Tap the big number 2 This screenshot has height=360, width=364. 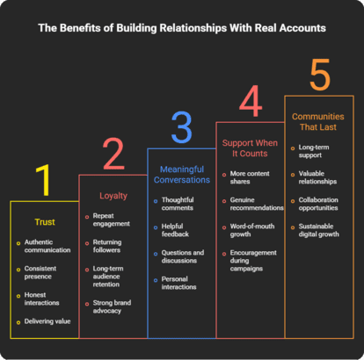click(x=113, y=154)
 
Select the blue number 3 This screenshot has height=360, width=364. click(x=182, y=127)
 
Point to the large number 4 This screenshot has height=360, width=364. click(x=251, y=101)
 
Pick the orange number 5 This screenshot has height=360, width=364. click(x=320, y=75)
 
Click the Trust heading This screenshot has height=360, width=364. click(x=45, y=222)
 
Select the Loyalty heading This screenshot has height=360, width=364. click(x=113, y=196)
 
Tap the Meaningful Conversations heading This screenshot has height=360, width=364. click(x=182, y=175)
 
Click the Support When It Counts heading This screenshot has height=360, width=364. click(x=250, y=148)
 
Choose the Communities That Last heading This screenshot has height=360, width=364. click(x=318, y=122)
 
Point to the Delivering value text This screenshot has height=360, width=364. click(x=47, y=321)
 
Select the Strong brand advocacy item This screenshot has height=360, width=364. click(x=112, y=306)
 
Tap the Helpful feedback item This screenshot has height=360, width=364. click(x=175, y=230)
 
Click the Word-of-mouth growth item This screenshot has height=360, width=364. click(x=252, y=230)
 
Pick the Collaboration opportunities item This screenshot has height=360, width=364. click(x=318, y=204)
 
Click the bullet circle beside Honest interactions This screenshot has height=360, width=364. click(x=18, y=296)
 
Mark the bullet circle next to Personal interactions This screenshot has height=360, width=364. click(x=156, y=280)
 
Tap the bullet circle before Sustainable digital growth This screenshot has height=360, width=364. click(x=293, y=227)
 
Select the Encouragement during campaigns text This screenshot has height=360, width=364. click(x=253, y=261)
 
